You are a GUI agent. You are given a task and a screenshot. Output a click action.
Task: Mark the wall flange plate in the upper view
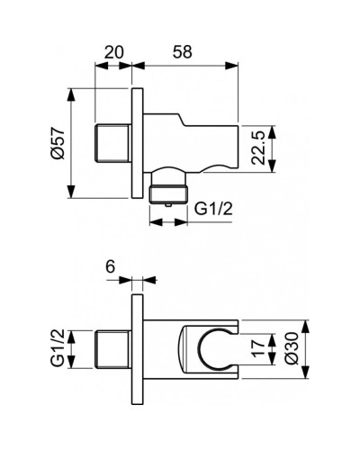[136, 145]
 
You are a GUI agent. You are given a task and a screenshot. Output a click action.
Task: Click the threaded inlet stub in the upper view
[112, 145]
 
